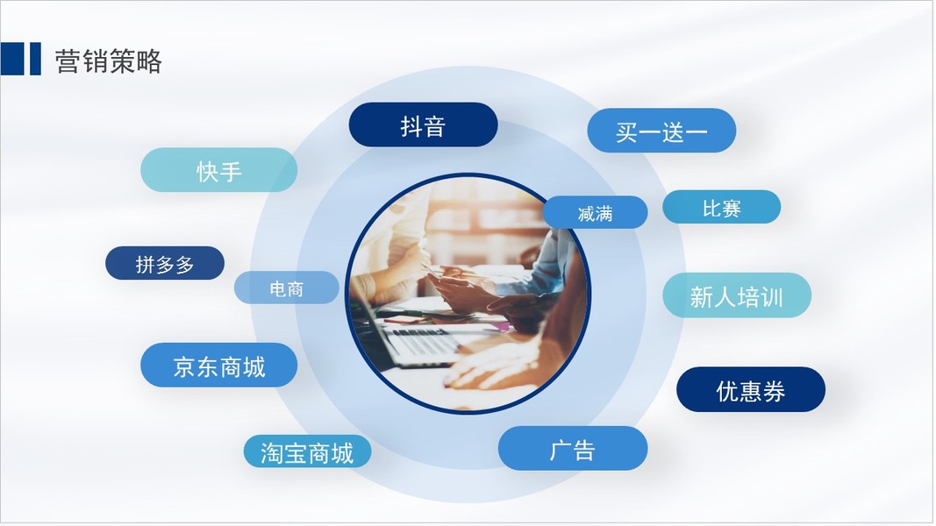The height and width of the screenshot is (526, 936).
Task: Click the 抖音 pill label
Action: pyautogui.click(x=423, y=124)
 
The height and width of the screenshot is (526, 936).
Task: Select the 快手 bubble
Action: pyautogui.click(x=218, y=170)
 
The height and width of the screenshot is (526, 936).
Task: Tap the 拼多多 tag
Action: pyautogui.click(x=165, y=263)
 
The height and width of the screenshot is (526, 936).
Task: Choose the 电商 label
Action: pyautogui.click(x=287, y=288)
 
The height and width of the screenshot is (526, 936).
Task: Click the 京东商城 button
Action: pyautogui.click(x=218, y=365)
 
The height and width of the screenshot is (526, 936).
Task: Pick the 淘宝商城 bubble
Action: pyautogui.click(x=307, y=451)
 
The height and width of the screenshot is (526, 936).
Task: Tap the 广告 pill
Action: pyautogui.click(x=573, y=449)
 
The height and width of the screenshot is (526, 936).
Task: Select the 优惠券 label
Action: pyautogui.click(x=750, y=389)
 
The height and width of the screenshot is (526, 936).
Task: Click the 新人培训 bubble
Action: pyautogui.click(x=737, y=295)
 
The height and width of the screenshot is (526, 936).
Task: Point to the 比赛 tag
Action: pyautogui.click(x=721, y=207)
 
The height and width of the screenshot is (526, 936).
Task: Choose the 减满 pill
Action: pyautogui.click(x=595, y=212)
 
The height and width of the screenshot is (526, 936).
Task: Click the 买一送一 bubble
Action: pyautogui.click(x=661, y=131)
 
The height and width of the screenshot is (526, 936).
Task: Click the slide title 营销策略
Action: pyautogui.click(x=108, y=60)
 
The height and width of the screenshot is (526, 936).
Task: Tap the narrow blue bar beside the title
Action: pyautogui.click(x=35, y=59)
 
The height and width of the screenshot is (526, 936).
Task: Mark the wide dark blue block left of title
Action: pyautogui.click(x=12, y=59)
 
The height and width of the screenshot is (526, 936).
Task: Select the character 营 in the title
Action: pyautogui.click(x=68, y=60)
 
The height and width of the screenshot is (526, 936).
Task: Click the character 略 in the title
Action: pyautogui.click(x=148, y=60)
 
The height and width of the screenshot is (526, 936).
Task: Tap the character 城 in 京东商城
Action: pyautogui.click(x=254, y=366)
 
